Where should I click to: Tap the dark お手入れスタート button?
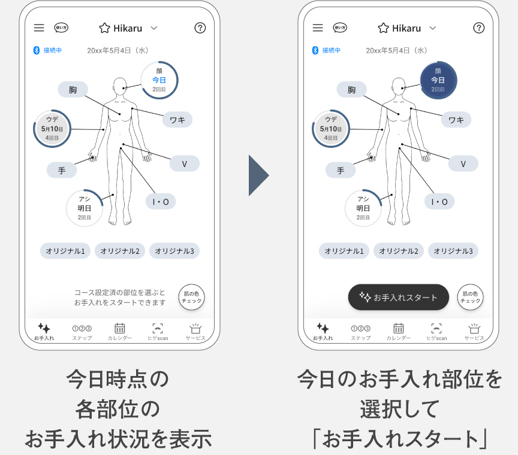(398, 297)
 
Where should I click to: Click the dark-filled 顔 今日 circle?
(438, 80)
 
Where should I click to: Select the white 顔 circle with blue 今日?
(159, 80)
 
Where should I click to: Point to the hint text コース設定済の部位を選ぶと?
(120, 292)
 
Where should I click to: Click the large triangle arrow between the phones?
(258, 175)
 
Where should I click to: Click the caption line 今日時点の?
(118, 379)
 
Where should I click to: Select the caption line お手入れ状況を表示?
(118, 439)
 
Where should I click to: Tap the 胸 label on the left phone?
(73, 90)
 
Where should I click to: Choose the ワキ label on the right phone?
(456, 120)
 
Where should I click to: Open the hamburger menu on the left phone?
(39, 28)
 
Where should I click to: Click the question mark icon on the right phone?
(478, 28)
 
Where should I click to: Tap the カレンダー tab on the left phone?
(120, 332)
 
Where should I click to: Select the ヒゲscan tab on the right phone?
(436, 332)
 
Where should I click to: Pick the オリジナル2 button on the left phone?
(120, 251)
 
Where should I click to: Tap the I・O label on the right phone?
(439, 202)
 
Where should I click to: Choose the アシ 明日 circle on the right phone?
(363, 208)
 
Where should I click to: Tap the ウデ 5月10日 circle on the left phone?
(52, 129)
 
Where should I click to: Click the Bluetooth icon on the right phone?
(315, 50)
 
